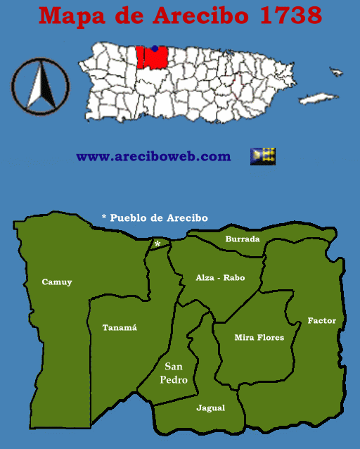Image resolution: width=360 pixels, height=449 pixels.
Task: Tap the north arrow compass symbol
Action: [40, 86]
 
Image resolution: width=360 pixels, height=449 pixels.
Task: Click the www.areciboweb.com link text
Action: [153, 156]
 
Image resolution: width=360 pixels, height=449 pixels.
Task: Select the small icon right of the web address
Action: [263, 156]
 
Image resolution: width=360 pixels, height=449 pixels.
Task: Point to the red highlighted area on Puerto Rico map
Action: [153, 58]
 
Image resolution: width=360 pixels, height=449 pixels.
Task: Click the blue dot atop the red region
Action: [155, 49]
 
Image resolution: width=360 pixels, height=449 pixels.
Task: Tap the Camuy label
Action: [57, 282]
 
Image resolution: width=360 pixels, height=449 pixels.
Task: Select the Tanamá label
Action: [120, 327]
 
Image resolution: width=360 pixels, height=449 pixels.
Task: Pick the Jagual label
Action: [210, 407]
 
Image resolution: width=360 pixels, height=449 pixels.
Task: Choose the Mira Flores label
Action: [259, 338]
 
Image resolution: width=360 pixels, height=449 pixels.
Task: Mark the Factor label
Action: [321, 321]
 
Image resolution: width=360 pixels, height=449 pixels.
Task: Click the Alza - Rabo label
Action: [220, 278]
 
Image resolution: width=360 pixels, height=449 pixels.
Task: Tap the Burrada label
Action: [242, 239]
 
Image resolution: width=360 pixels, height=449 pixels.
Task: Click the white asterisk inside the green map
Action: [157, 244]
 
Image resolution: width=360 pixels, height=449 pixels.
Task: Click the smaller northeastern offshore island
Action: [337, 70]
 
